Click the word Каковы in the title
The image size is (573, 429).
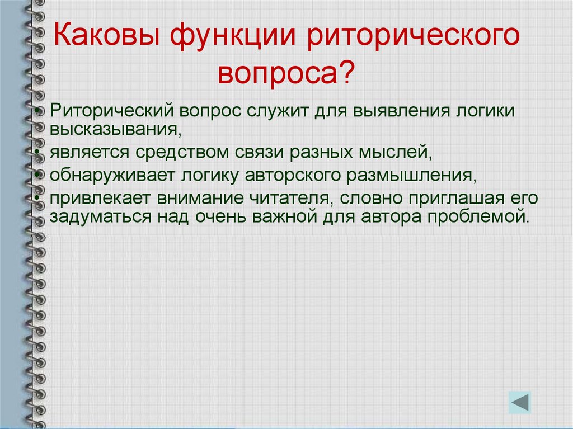point(106,35)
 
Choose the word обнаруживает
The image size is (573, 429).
point(112,176)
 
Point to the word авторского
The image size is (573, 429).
point(293,176)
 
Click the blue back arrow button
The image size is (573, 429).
point(520,402)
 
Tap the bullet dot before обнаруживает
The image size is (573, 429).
point(37,175)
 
